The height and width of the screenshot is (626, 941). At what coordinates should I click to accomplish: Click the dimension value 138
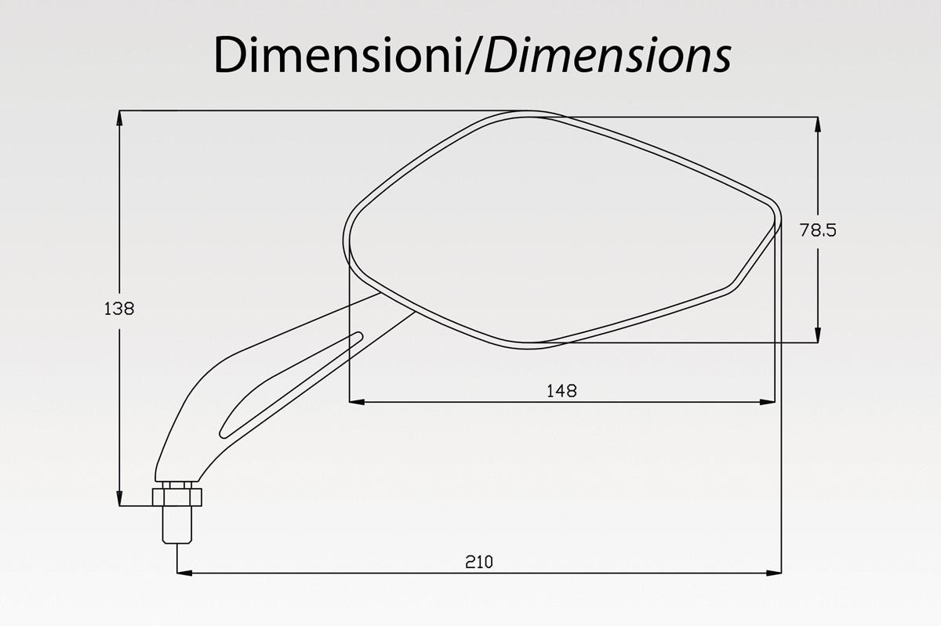(119, 309)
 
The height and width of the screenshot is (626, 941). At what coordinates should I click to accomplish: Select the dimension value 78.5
(817, 230)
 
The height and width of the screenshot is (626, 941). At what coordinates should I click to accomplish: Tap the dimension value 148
(561, 391)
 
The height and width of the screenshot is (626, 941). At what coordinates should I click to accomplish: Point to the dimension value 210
(479, 562)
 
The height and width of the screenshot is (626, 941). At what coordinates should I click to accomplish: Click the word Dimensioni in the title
(339, 55)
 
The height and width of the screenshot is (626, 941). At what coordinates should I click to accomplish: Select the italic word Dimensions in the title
(608, 55)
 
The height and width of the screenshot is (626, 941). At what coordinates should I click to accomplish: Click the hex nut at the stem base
(177, 497)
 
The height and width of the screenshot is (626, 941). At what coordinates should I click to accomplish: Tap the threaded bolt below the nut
(177, 524)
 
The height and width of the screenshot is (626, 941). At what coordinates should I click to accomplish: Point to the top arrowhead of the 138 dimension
(119, 118)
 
